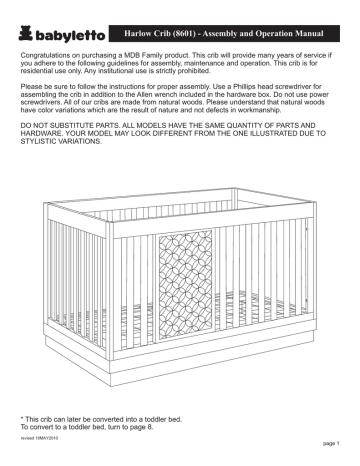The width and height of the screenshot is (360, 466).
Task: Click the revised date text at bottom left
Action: [x=38, y=437]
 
